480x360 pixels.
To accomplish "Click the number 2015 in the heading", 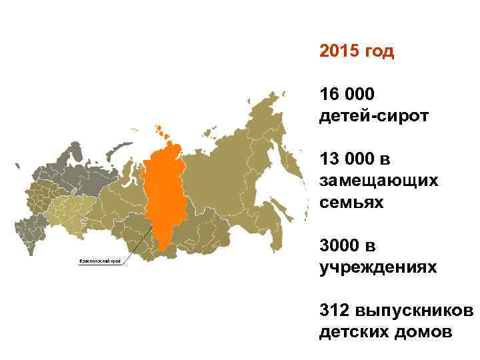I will pyautogui.click(x=339, y=51).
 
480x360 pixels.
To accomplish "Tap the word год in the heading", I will pyautogui.click(x=378, y=53).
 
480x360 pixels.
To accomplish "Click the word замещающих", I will pyautogui.click(x=378, y=181).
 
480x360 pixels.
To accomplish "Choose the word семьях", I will pyautogui.click(x=351, y=202).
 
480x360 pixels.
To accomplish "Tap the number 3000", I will pyautogui.click(x=339, y=246).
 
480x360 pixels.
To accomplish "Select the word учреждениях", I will pyautogui.click(x=378, y=267).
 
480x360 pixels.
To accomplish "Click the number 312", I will pyautogui.click(x=334, y=311).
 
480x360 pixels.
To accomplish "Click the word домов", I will pyautogui.click(x=419, y=331).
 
